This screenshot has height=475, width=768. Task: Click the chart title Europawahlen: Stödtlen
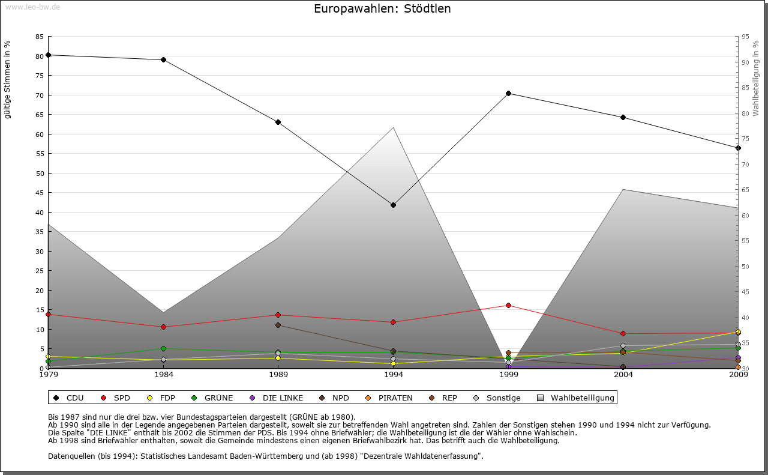tap(382, 9)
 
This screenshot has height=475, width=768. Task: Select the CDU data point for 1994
tap(393, 205)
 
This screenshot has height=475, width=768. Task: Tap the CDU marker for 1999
tap(508, 93)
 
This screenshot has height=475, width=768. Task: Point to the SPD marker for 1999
tap(508, 305)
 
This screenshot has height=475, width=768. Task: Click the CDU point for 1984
tap(163, 59)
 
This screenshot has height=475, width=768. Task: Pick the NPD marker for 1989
tap(278, 325)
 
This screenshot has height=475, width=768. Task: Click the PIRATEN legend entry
tap(389, 398)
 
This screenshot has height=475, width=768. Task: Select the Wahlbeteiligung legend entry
tap(576, 398)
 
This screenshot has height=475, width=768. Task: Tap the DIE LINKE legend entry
tap(277, 398)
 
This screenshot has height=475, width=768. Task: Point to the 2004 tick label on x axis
tap(623, 375)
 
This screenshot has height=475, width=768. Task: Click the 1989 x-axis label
tap(278, 375)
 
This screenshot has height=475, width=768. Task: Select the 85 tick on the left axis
tap(40, 37)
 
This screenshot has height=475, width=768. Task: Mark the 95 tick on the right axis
tap(745, 37)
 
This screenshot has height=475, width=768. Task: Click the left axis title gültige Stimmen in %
tap(8, 79)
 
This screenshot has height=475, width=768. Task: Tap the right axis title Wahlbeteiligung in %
tap(756, 79)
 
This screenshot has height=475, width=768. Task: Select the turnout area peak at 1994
tap(393, 128)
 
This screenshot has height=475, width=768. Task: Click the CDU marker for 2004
tap(623, 117)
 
